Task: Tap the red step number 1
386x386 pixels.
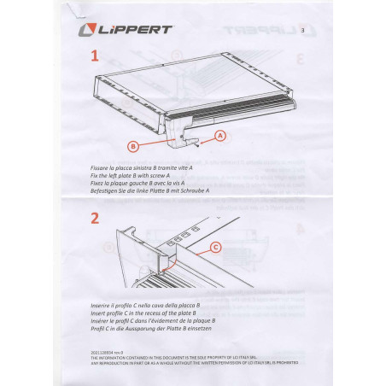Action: tap(94, 56)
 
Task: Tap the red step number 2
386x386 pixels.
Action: tap(94, 217)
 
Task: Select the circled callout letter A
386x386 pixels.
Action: tap(219, 135)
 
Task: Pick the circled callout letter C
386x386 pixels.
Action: tap(214, 248)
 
